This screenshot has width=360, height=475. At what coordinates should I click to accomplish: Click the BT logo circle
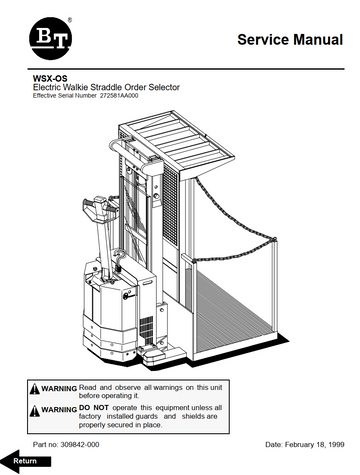pos(50,38)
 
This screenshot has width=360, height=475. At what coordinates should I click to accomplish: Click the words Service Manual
pos(290,39)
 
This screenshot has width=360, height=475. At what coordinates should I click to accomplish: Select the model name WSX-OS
pos(50,79)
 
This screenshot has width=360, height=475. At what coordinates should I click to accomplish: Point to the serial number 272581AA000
pos(119,96)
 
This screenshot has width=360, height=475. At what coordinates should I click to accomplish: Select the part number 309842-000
pos(80,445)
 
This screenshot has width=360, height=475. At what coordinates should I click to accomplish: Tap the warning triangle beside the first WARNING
pos(35,389)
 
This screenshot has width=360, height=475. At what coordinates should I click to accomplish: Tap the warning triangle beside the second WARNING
pos(35,411)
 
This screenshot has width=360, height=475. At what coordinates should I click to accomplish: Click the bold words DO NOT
pos(94,408)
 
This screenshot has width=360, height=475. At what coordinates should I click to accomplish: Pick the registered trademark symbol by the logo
pos(70,20)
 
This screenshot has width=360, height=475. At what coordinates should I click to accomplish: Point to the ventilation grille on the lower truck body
pos(146,328)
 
